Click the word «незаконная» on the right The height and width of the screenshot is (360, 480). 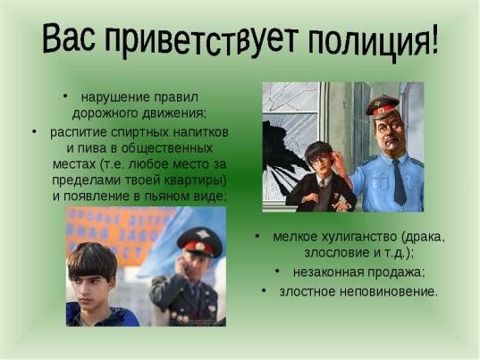pyautogui.click(x=328, y=272)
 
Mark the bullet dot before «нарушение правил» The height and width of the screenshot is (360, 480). pyautogui.click(x=63, y=96)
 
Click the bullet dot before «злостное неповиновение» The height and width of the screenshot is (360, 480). pyautogui.click(x=264, y=291)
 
